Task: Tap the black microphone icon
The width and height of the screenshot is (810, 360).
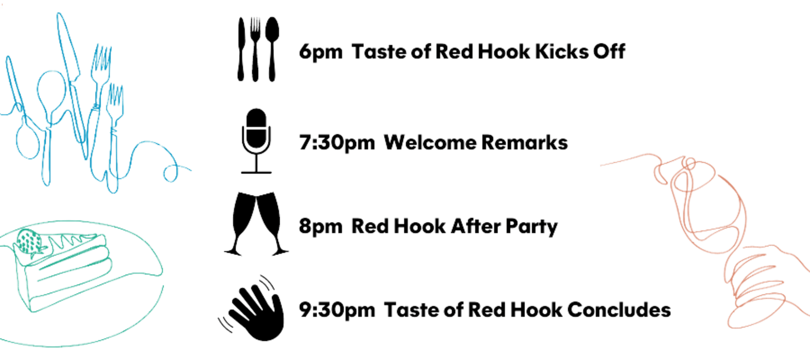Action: tap(256, 140)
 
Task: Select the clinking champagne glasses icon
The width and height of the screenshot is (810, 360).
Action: tap(256, 224)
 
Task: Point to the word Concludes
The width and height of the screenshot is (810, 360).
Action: tap(619, 310)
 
